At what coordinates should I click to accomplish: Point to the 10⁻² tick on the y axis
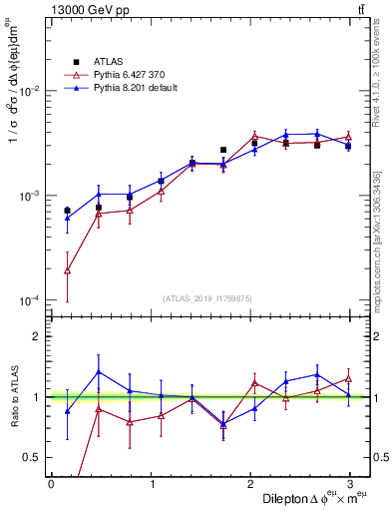[x=29, y=91]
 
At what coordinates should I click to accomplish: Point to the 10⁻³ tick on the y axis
[x=29, y=196]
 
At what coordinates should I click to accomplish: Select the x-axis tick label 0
[x=51, y=484]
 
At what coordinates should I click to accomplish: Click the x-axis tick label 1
[x=151, y=484]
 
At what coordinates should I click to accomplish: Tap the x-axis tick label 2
[x=250, y=484]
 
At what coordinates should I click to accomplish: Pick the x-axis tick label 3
[x=350, y=484]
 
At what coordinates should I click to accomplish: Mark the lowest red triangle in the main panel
[x=67, y=270]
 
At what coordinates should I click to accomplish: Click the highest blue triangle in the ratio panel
[x=99, y=372]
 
